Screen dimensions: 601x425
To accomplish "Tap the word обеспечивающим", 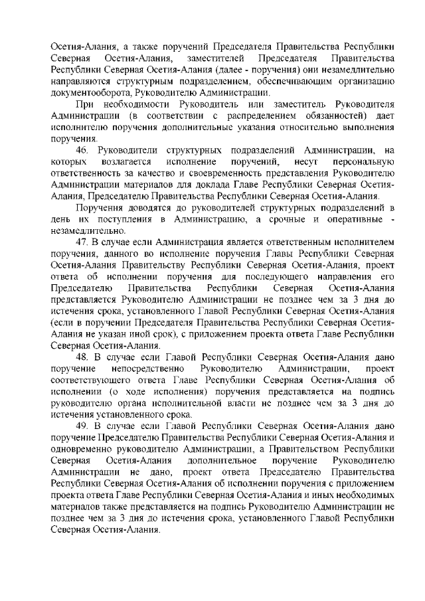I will (x=297, y=82).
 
